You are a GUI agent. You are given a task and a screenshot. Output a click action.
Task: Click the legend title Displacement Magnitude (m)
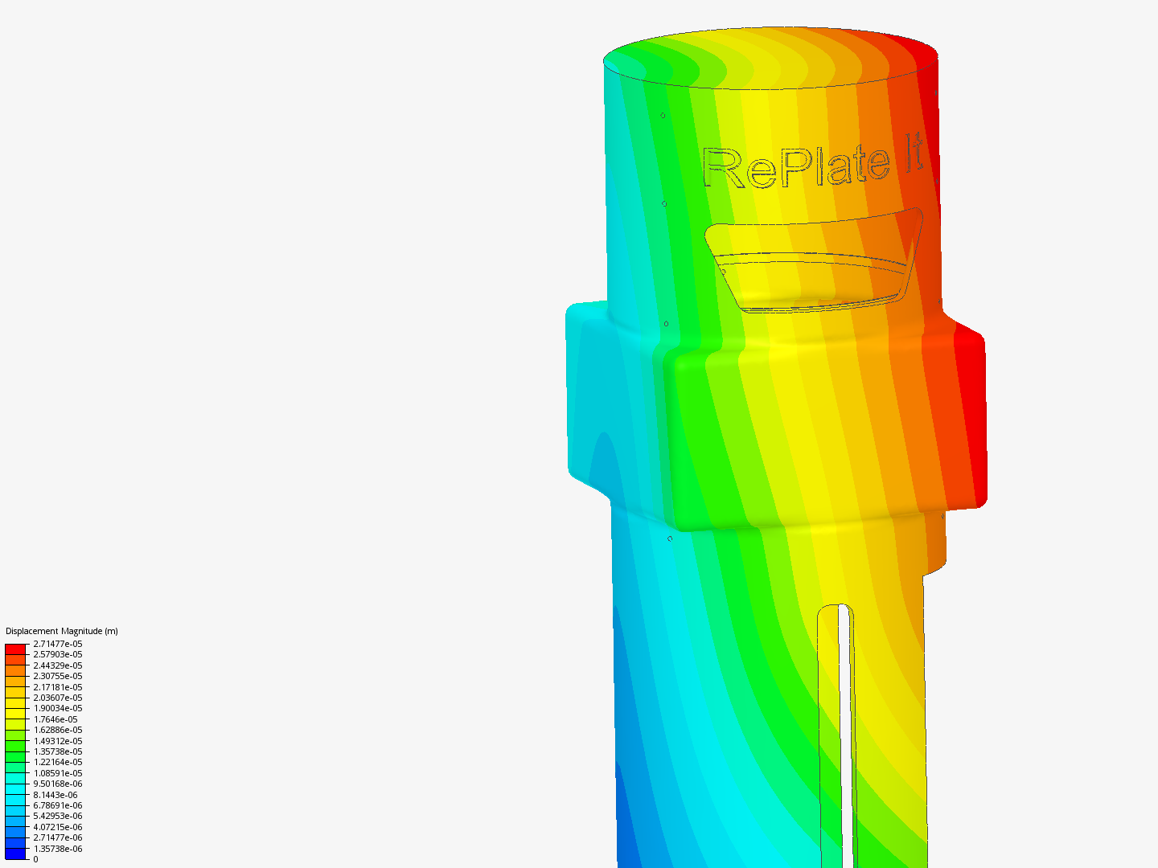tap(62, 631)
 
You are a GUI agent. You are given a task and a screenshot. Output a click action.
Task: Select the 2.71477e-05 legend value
tap(58, 644)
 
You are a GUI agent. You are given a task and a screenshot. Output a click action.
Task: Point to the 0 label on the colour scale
tap(35, 859)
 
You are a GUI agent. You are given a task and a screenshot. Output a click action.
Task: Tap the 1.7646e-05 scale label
tap(55, 719)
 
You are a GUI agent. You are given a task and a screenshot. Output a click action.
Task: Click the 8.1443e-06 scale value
tap(55, 795)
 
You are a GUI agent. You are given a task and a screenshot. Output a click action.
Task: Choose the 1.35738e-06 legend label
tap(58, 849)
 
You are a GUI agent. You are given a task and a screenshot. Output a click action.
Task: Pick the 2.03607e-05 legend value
tap(58, 698)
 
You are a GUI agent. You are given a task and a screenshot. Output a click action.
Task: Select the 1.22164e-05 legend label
tap(58, 762)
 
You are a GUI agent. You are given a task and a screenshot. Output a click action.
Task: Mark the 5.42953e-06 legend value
tap(58, 816)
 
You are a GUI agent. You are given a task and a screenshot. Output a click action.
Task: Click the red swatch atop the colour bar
tap(15, 649)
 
